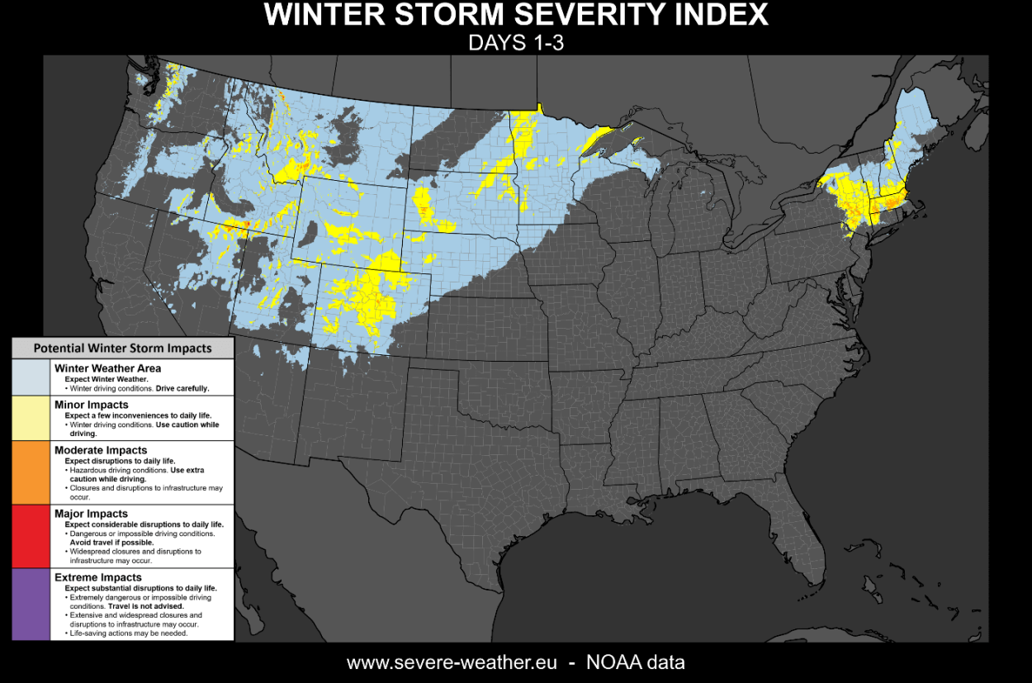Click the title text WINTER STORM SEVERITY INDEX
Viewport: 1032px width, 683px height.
tap(516, 15)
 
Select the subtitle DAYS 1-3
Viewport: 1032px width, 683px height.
tap(516, 43)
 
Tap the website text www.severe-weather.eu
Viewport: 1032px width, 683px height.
tap(451, 662)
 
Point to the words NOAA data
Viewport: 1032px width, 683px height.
tap(635, 662)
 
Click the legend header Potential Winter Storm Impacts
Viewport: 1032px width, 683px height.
tap(122, 349)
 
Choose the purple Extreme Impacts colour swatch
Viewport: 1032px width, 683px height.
tap(31, 604)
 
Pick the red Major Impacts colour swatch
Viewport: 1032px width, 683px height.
tap(31, 536)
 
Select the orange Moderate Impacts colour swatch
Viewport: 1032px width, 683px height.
tap(31, 472)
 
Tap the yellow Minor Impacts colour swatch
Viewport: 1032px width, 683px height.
tap(31, 418)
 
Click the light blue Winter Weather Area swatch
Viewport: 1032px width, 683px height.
tap(31, 377)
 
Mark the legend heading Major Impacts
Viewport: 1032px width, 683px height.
tap(91, 514)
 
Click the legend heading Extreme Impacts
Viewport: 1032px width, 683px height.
tap(97, 577)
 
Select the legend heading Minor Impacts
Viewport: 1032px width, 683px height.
tap(91, 405)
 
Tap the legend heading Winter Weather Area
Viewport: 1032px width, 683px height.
tap(107, 368)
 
